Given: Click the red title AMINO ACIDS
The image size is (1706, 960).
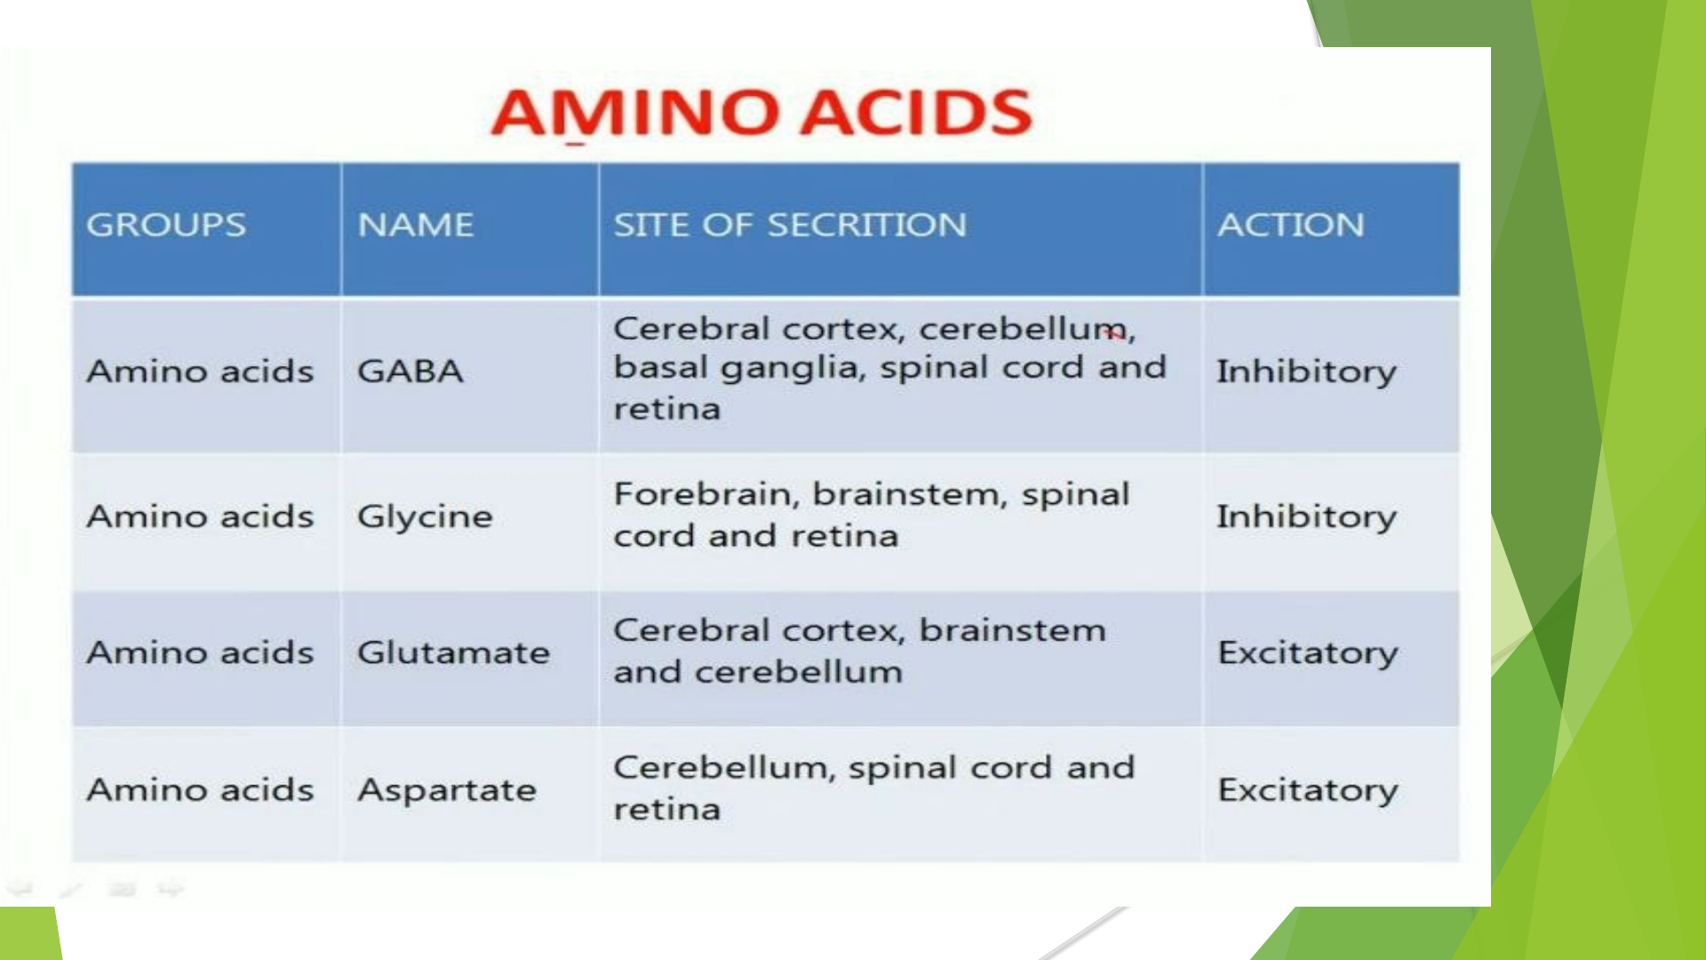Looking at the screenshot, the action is point(761,113).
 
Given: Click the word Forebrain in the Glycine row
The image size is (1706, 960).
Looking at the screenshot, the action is point(707,494).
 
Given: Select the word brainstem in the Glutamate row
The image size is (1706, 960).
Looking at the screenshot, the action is point(1013,630).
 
